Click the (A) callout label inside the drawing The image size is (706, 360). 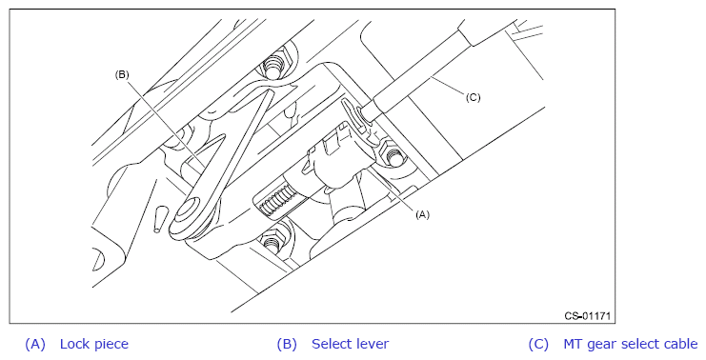[x=422, y=214]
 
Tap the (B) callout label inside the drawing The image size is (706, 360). [x=122, y=74]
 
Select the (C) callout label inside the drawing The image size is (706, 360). [x=473, y=97]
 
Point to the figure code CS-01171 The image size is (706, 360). [x=588, y=316]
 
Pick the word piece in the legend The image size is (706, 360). [x=111, y=345]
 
